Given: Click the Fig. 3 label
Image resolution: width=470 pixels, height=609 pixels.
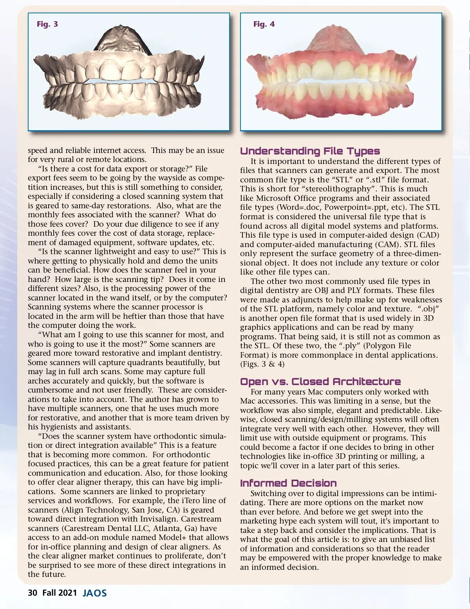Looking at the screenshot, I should click(x=47, y=24).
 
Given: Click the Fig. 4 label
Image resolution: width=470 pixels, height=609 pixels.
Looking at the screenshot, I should click(x=264, y=24).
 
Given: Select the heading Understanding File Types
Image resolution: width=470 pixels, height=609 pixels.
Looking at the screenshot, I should click(x=310, y=151).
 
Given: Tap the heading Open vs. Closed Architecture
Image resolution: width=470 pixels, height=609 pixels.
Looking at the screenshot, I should click(x=320, y=382).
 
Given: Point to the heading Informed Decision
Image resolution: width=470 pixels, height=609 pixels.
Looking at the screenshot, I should click(x=288, y=483).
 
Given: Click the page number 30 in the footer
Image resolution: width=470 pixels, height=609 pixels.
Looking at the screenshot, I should click(x=32, y=593).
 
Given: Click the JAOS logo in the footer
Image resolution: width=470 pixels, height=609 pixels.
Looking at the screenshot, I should click(x=95, y=593).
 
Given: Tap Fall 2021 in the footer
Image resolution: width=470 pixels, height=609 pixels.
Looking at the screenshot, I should click(x=60, y=593).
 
